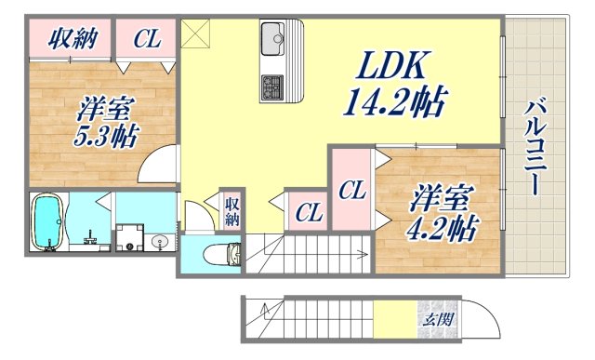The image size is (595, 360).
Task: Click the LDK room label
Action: click(389, 66)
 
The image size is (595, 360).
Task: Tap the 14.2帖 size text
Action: click(396, 97)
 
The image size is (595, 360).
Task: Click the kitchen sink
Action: click(274, 40)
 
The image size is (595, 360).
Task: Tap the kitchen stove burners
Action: click(273, 87)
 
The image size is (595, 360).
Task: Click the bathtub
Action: click(46, 222)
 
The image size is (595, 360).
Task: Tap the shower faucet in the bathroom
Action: click(90, 234)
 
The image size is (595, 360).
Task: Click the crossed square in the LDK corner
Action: click(197, 33)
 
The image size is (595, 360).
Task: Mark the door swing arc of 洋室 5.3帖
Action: click(160, 161)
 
